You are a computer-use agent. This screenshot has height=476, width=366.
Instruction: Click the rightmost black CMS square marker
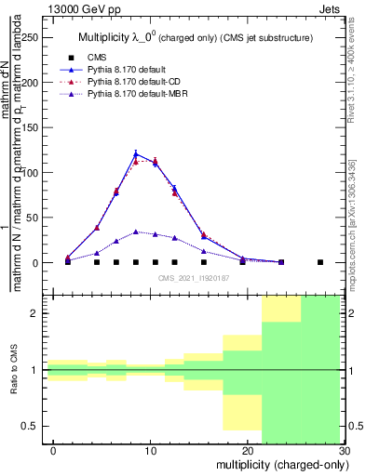[319, 262]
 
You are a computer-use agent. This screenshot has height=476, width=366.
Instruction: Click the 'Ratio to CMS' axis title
[12, 369]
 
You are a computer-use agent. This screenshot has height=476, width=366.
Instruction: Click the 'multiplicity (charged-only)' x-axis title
[278, 465]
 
